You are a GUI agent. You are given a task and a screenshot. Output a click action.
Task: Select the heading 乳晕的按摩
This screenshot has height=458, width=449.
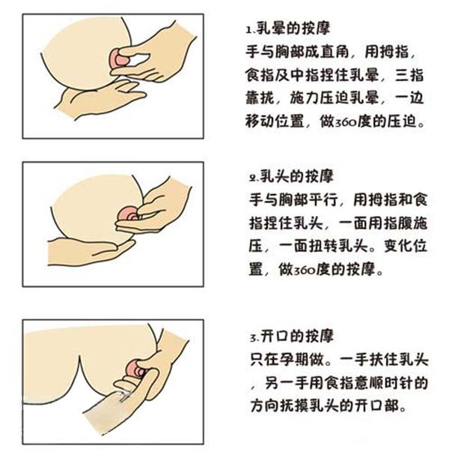(x=287, y=32)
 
